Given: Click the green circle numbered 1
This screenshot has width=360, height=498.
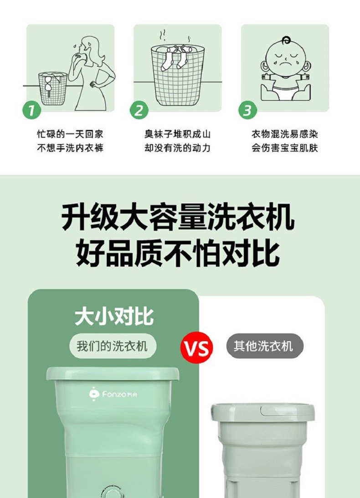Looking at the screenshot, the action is click(x=31, y=110).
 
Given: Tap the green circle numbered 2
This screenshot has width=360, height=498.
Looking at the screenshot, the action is click(x=139, y=110).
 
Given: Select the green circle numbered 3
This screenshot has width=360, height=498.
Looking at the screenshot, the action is click(x=247, y=110).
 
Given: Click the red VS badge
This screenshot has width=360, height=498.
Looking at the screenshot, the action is click(x=196, y=348).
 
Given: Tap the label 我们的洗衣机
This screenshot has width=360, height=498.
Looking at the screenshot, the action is click(x=113, y=346).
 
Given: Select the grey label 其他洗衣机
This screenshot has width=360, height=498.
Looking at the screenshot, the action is click(x=265, y=346).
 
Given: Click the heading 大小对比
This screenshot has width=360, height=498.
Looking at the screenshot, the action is click(x=114, y=316).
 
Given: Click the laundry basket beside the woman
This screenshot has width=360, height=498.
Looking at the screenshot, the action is click(x=52, y=88).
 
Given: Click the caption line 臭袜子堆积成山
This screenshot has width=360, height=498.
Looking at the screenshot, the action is click(x=177, y=134).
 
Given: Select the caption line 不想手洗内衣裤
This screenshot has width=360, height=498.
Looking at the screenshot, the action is click(x=70, y=148).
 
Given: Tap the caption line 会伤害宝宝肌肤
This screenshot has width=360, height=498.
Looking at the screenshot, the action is click(x=285, y=148).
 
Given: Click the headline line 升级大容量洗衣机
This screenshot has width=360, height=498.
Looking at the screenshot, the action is click(x=178, y=218).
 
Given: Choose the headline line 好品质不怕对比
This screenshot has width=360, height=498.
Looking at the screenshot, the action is click(x=178, y=253).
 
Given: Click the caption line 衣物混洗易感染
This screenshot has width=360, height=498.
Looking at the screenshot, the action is click(x=285, y=134).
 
